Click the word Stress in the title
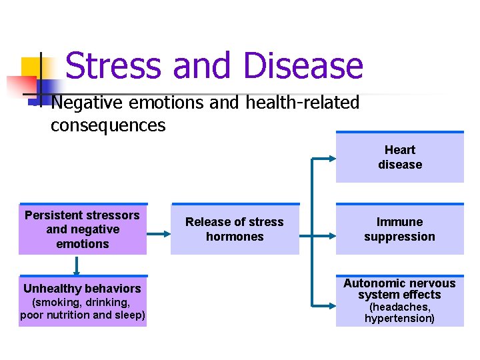pyautogui.click(x=114, y=66)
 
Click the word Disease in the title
pyautogui.click(x=303, y=66)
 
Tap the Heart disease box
pyautogui.click(x=399, y=157)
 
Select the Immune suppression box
pyautogui.click(x=399, y=229)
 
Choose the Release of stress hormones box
pyautogui.click(x=235, y=229)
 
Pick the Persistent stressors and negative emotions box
pyautogui.click(x=82, y=229)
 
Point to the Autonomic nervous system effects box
pyautogui.click(x=399, y=301)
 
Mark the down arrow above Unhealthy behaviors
pyautogui.click(x=77, y=266)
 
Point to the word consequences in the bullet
pyautogui.click(x=108, y=125)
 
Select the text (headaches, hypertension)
pyautogui.click(x=399, y=313)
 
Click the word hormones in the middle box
pyautogui.click(x=235, y=237)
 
